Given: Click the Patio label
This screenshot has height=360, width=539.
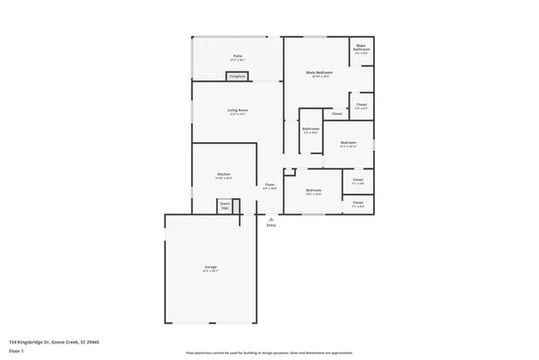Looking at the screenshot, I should [237, 57].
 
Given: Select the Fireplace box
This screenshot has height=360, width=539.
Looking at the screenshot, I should [237, 77].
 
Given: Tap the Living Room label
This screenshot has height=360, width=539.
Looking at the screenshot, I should [238, 111].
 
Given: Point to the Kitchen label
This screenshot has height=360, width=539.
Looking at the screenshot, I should [223, 175].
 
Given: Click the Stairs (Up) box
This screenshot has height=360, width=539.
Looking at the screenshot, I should [224, 206].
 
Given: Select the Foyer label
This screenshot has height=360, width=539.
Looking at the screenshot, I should [270, 186].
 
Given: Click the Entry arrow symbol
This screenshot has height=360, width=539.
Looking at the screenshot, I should [271, 219].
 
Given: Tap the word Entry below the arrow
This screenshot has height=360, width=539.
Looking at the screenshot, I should [271, 226].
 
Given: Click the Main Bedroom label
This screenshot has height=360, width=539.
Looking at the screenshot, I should [318, 74].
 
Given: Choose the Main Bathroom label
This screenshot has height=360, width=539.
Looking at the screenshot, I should [362, 48].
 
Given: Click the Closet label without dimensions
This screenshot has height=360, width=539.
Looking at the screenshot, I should [337, 114].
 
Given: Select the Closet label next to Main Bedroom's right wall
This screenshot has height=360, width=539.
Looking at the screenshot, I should [361, 105].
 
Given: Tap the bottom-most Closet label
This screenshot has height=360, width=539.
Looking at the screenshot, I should [357, 203].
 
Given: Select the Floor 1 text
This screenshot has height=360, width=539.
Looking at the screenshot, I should [16, 350].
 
